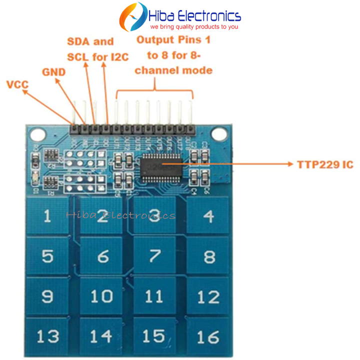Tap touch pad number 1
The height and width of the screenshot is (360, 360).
(47, 216)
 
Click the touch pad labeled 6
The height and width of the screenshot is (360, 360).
(102, 256)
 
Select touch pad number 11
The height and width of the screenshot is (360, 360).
(153, 296)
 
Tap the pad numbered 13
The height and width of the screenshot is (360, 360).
(47, 335)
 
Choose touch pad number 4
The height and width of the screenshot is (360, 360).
(208, 216)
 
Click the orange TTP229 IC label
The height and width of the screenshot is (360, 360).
(325, 163)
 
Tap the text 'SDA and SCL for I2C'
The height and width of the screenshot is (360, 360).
(97, 49)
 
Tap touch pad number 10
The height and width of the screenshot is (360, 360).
(101, 296)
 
